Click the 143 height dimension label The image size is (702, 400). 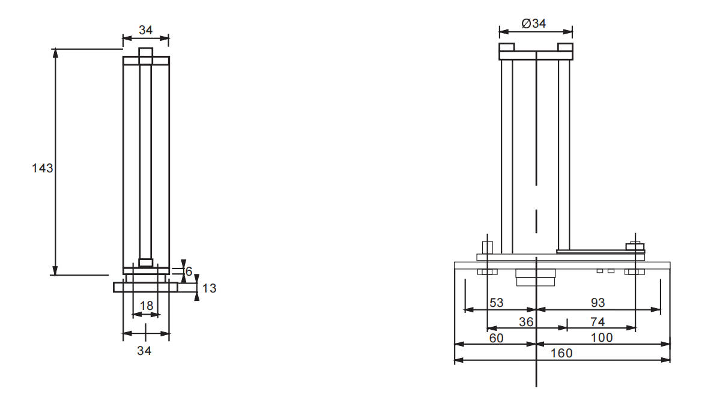click(43, 168)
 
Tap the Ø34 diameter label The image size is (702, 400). click(534, 23)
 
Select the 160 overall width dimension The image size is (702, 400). click(561, 353)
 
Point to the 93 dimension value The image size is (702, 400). click(598, 303)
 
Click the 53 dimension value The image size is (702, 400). click(497, 303)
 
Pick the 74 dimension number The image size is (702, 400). click(598, 322)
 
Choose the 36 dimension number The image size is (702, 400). click(526, 322)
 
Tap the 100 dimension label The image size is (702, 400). click(602, 338)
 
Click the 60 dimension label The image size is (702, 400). click(497, 338)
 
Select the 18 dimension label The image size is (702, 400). click(147, 306)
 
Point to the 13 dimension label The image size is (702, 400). click(209, 288)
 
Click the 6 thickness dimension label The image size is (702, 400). click(189, 271)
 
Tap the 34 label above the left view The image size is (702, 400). click(145, 30)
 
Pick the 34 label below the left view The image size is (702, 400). click(144, 351)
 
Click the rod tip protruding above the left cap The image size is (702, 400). click(145, 52)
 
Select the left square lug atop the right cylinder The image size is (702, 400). click(507, 47)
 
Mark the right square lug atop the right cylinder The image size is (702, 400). click(565, 47)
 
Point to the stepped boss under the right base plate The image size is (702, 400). click(536, 277)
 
